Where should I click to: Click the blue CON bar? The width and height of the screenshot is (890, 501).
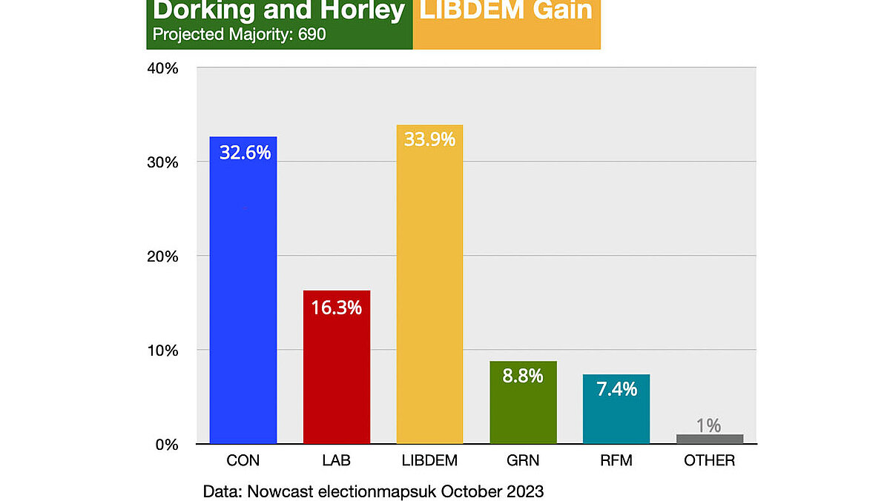[243, 296]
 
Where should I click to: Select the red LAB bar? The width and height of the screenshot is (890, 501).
[337, 371]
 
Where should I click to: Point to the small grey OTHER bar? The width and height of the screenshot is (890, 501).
[710, 439]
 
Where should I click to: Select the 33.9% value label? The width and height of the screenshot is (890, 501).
[429, 139]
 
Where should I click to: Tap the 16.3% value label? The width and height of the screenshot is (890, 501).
[337, 307]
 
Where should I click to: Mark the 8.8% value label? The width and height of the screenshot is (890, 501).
[523, 376]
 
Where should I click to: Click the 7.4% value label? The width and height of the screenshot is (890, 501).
[616, 388]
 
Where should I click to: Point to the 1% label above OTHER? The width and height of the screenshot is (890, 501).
[709, 425]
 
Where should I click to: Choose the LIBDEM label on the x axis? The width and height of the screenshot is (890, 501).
[429, 461]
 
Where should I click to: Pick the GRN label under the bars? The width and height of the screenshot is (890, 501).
[523, 461]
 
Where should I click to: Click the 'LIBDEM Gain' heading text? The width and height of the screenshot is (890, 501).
[507, 10]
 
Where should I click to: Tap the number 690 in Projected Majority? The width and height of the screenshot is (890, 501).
[312, 35]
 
